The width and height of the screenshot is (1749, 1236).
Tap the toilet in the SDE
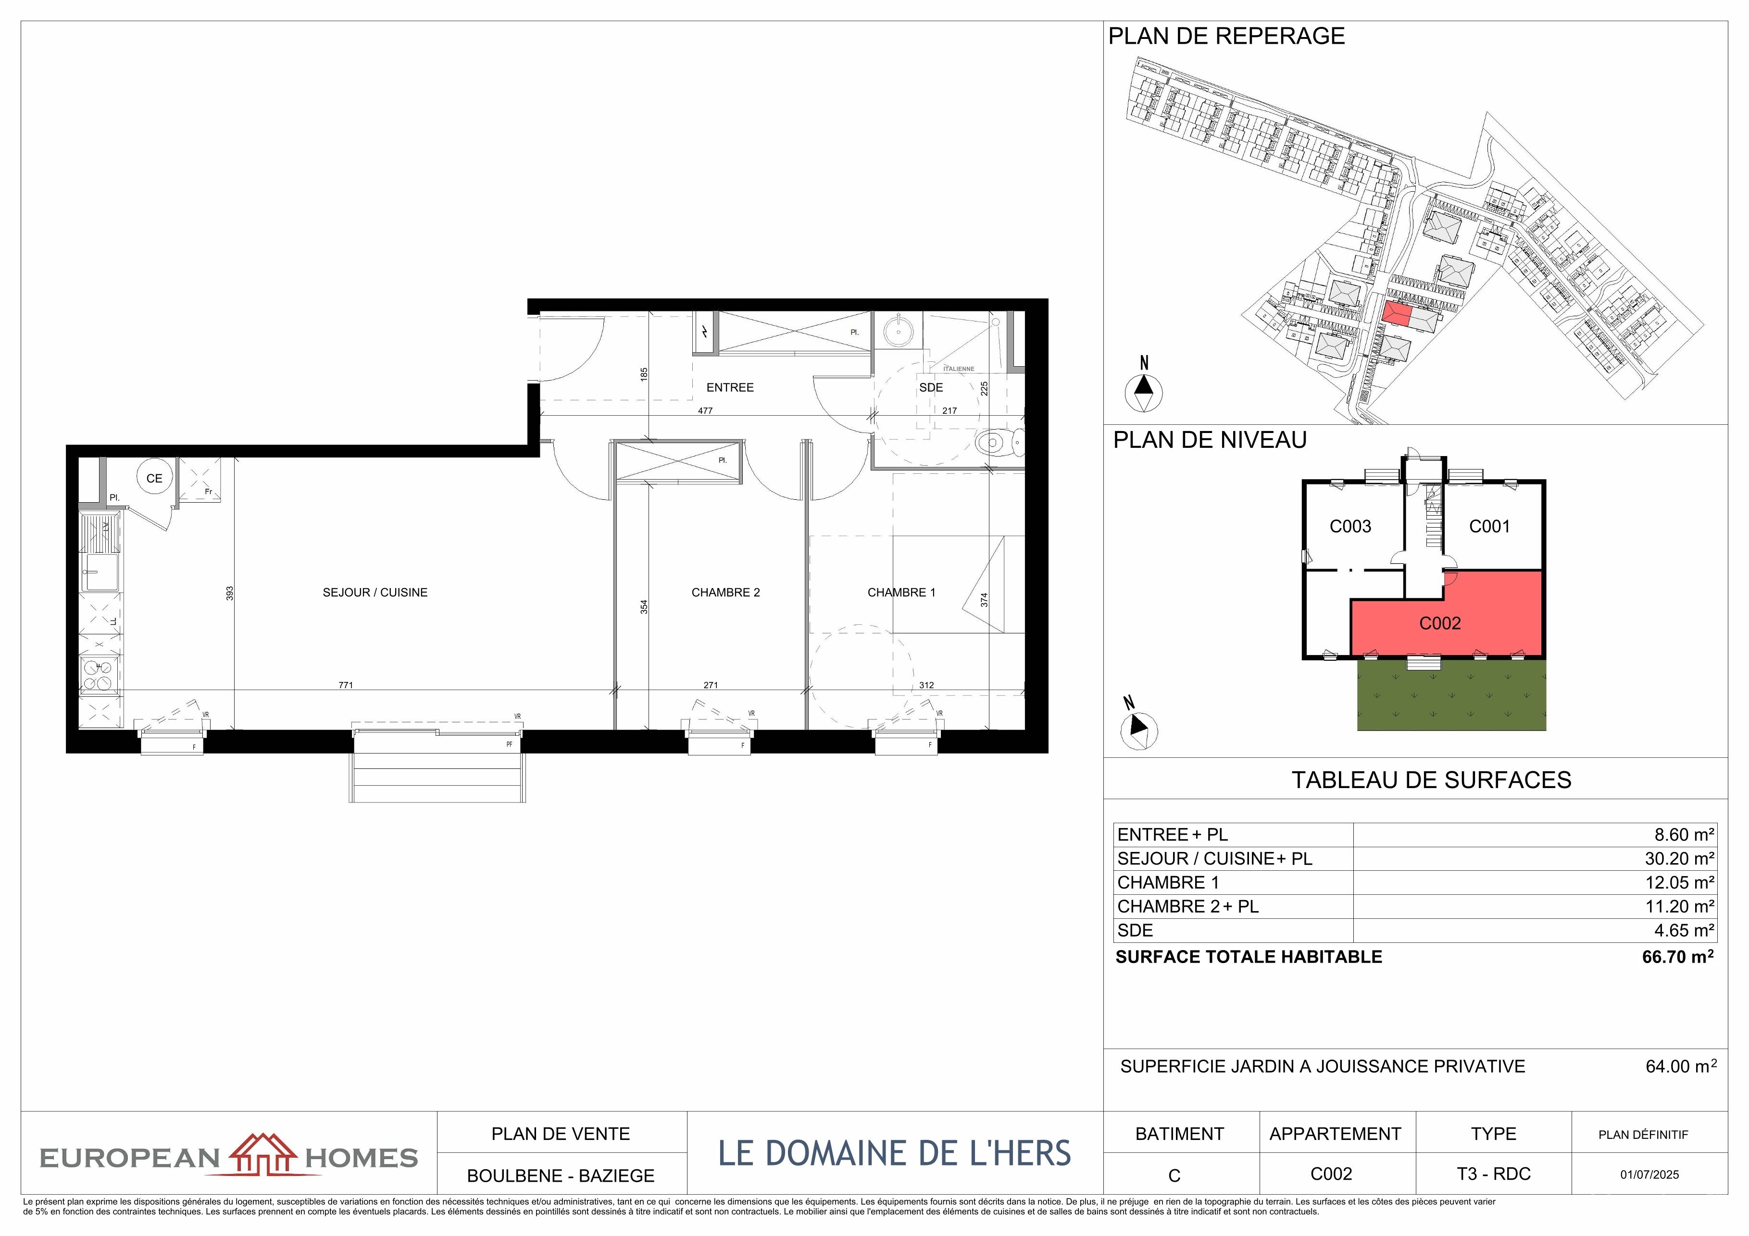(x=999, y=441)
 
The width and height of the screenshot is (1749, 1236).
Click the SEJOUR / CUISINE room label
(x=375, y=593)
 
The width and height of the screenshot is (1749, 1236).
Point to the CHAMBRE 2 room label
(x=725, y=593)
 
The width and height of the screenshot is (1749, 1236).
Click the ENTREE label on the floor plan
(x=730, y=388)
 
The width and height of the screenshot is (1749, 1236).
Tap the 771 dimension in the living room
(x=346, y=685)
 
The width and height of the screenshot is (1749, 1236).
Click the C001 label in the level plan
(x=1489, y=526)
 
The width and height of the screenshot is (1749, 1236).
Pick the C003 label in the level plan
(x=1350, y=526)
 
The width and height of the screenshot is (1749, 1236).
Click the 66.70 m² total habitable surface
(x=1677, y=956)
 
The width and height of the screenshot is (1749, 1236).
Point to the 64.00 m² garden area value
(x=1681, y=1066)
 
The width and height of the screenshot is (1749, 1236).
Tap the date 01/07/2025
(x=1649, y=1175)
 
